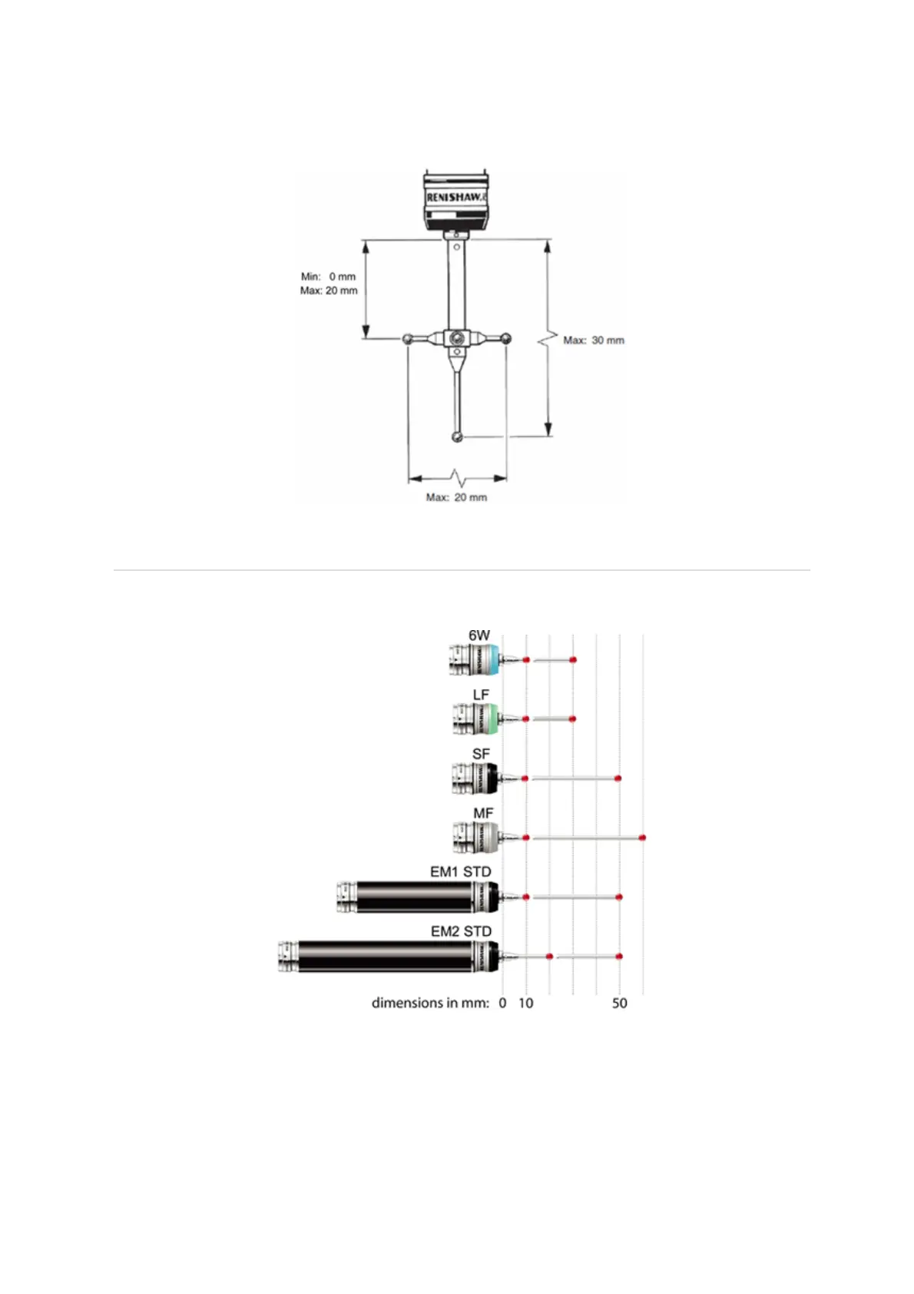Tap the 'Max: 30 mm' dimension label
pos(593,340)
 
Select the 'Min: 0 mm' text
pos(328,276)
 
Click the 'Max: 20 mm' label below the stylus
pos(456,497)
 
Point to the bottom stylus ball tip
pos(457,437)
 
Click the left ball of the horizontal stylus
pos(407,338)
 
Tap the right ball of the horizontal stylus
pos(505,338)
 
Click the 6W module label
pos(479,635)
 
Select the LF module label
pos(481,695)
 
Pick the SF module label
pos(481,754)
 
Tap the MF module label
pos(483,813)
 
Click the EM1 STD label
pos(460,872)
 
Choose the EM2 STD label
pos(461,931)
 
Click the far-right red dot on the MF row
pos(642,838)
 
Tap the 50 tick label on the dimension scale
pos(620,1003)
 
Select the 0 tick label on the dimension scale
pos(502,1003)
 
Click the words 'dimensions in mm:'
pos(430,1003)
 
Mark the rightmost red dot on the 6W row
pos(573,660)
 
